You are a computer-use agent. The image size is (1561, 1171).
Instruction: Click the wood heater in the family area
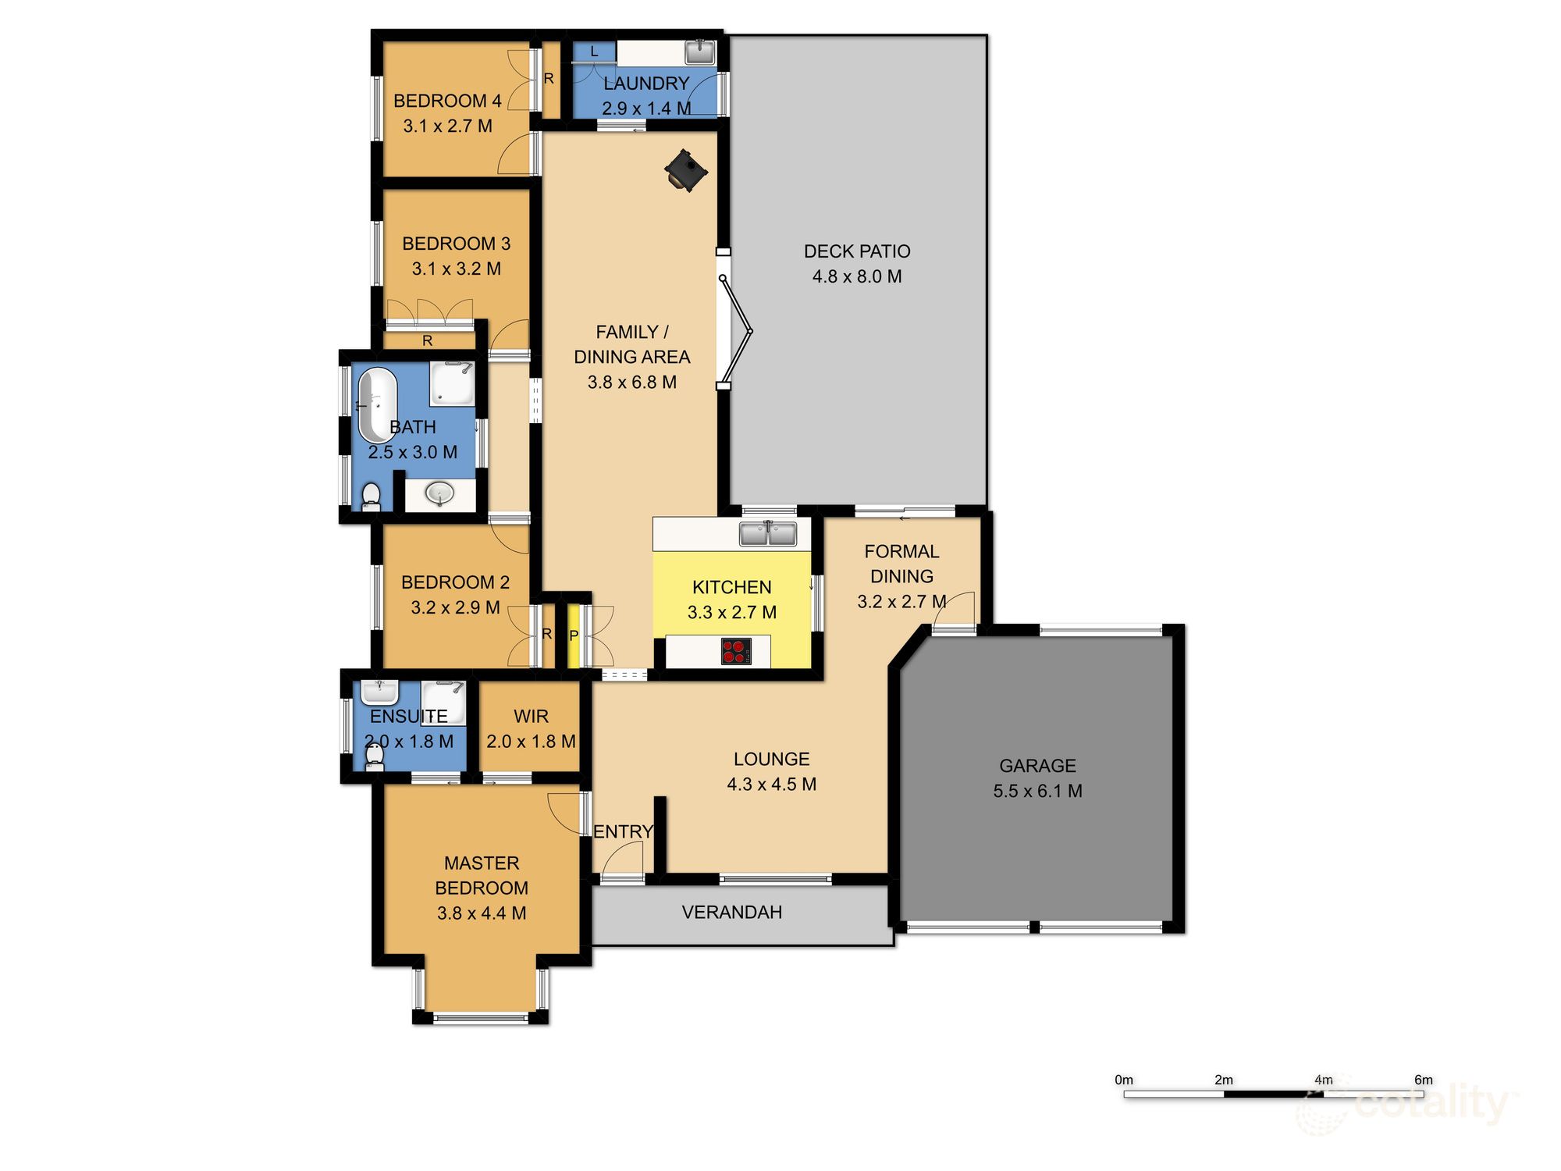coord(686,170)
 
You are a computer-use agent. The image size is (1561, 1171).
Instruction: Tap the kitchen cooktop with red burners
coord(735,651)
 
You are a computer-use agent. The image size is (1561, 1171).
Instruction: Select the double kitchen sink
coord(768,534)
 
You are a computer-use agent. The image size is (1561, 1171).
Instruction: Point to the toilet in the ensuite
coord(375,756)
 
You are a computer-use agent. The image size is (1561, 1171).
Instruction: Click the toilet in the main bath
coord(372,497)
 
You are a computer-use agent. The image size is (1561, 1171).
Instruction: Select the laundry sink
coord(699,52)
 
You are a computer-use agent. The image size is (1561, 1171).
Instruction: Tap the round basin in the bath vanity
coord(439,493)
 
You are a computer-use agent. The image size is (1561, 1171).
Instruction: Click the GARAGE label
coord(1037,766)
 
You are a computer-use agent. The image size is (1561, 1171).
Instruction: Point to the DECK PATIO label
coord(857,251)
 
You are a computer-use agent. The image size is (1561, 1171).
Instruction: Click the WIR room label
coord(531,716)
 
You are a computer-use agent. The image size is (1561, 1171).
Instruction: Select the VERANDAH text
coord(731,912)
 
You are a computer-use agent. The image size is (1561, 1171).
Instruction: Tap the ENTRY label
coord(623,831)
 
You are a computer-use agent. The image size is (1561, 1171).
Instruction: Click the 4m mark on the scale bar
coord(1324,1080)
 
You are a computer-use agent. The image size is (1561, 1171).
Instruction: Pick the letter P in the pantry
coord(574,635)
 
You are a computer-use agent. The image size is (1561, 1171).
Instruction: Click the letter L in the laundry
coord(594,52)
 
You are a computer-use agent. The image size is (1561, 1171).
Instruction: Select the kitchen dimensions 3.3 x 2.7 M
coord(731,612)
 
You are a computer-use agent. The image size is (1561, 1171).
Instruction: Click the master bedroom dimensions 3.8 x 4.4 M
coord(482,913)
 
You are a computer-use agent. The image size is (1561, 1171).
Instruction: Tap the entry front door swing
coord(625,859)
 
